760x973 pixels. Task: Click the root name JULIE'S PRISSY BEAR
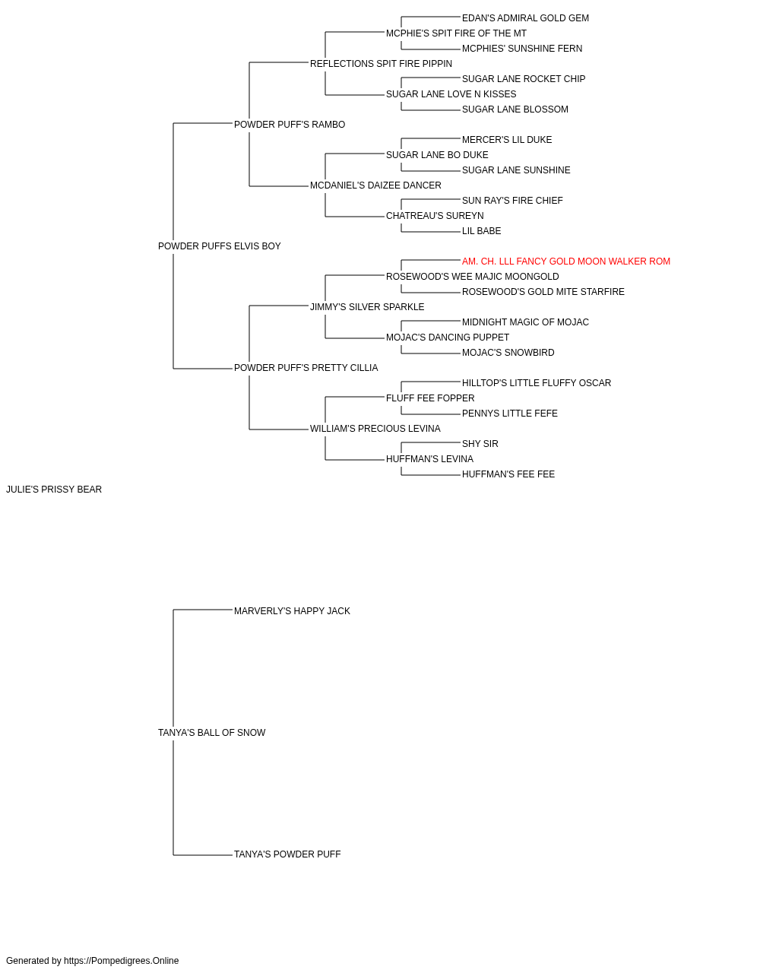[54, 490]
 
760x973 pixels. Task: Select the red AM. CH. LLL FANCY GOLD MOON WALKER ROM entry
[565, 261]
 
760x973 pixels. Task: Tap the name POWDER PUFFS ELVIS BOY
[220, 246]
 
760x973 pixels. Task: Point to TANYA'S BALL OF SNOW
[212, 733]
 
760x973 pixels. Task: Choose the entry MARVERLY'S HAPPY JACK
[292, 611]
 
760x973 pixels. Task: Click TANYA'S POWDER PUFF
[287, 854]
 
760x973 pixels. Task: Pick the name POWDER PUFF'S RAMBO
[290, 125]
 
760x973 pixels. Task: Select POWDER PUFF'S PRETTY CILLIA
[306, 368]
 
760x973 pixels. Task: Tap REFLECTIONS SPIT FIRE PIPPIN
[381, 64]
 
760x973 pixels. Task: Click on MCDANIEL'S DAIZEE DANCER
[375, 185]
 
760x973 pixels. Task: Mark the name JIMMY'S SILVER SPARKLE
[367, 307]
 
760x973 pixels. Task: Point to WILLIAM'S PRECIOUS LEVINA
[375, 429]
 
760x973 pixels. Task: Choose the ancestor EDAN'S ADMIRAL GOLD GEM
[525, 18]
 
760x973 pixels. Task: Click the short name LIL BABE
[482, 231]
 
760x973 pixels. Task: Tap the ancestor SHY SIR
[480, 444]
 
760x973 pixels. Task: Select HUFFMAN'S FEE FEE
[508, 474]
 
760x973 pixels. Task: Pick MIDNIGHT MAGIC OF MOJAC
[525, 322]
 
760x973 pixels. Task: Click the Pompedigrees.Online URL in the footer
[121, 961]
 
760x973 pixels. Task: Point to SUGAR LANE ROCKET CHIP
[524, 79]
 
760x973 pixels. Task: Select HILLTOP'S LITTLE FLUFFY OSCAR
[537, 383]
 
